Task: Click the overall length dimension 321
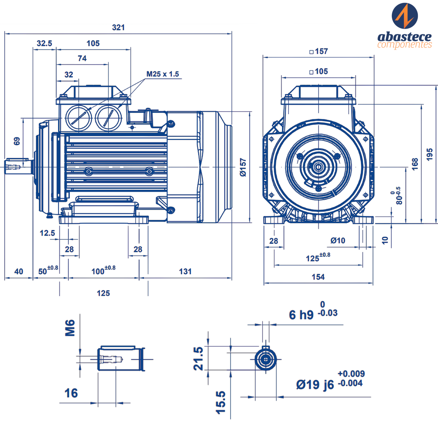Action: click(x=118, y=27)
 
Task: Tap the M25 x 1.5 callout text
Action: click(x=163, y=74)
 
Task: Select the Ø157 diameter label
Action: click(x=243, y=167)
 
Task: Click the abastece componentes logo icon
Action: click(x=405, y=16)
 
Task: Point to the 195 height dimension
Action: click(x=429, y=154)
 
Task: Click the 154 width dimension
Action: click(x=318, y=277)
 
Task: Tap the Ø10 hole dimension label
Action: click(x=338, y=240)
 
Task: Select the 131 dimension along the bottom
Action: click(x=185, y=271)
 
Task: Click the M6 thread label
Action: click(x=70, y=328)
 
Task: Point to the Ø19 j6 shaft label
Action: click(x=315, y=385)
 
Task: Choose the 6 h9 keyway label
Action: click(x=301, y=315)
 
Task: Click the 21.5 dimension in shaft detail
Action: click(x=198, y=359)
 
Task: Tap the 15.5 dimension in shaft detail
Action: click(x=221, y=402)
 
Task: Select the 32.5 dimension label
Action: click(x=44, y=43)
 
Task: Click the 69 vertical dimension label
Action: click(x=17, y=141)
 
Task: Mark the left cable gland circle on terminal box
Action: click(x=79, y=118)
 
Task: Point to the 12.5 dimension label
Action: click(x=47, y=233)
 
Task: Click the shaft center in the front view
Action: click(x=318, y=167)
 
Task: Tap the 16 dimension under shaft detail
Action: click(x=71, y=394)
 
